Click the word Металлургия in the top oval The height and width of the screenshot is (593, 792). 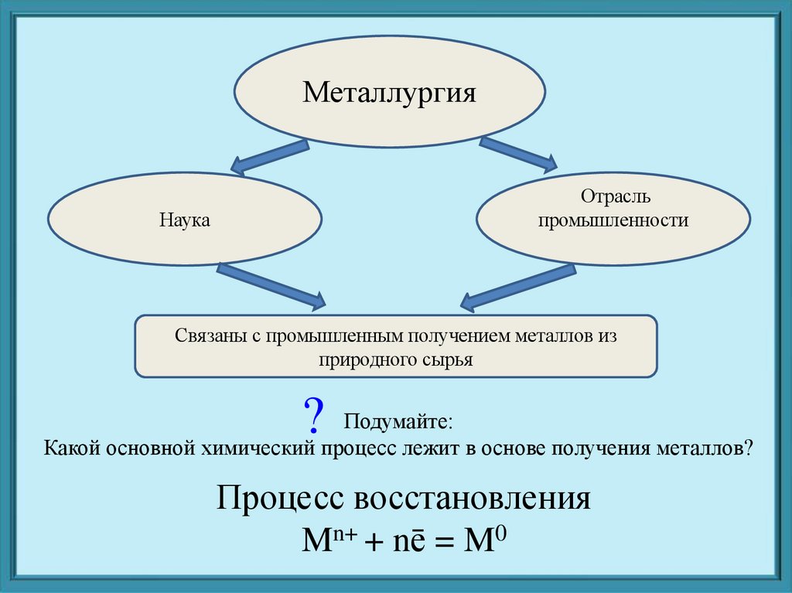coord(389,94)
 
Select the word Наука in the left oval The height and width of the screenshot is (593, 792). coord(186,220)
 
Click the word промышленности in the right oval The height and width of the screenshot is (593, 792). coord(613,221)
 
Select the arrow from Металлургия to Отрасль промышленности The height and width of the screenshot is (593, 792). coord(517,153)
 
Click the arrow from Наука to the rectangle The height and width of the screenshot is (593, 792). coord(271,284)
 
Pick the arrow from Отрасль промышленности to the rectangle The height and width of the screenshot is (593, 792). coord(518,284)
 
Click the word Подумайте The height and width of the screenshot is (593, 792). coord(398,422)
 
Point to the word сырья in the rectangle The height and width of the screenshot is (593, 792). coord(446,360)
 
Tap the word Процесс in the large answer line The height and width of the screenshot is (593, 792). coord(280,498)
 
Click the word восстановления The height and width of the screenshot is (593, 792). coord(473,498)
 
